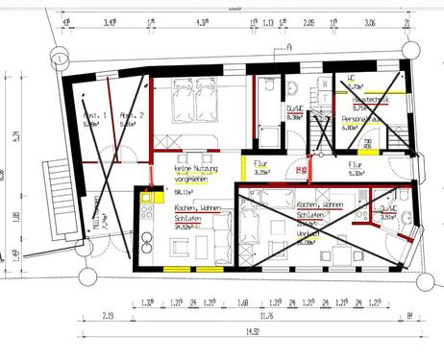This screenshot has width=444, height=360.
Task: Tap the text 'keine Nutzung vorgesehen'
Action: pyautogui.click(x=196, y=174)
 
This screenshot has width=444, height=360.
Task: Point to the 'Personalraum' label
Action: pyautogui.click(x=363, y=120)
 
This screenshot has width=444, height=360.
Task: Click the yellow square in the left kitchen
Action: pyautogui.click(x=147, y=198)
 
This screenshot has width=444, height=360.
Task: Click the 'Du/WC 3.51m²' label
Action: pyautogui.click(x=388, y=212)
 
